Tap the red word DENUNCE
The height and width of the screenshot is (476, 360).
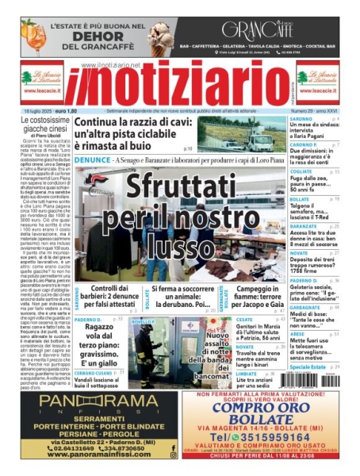(92, 159)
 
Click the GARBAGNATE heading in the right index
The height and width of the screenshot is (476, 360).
(306, 307)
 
